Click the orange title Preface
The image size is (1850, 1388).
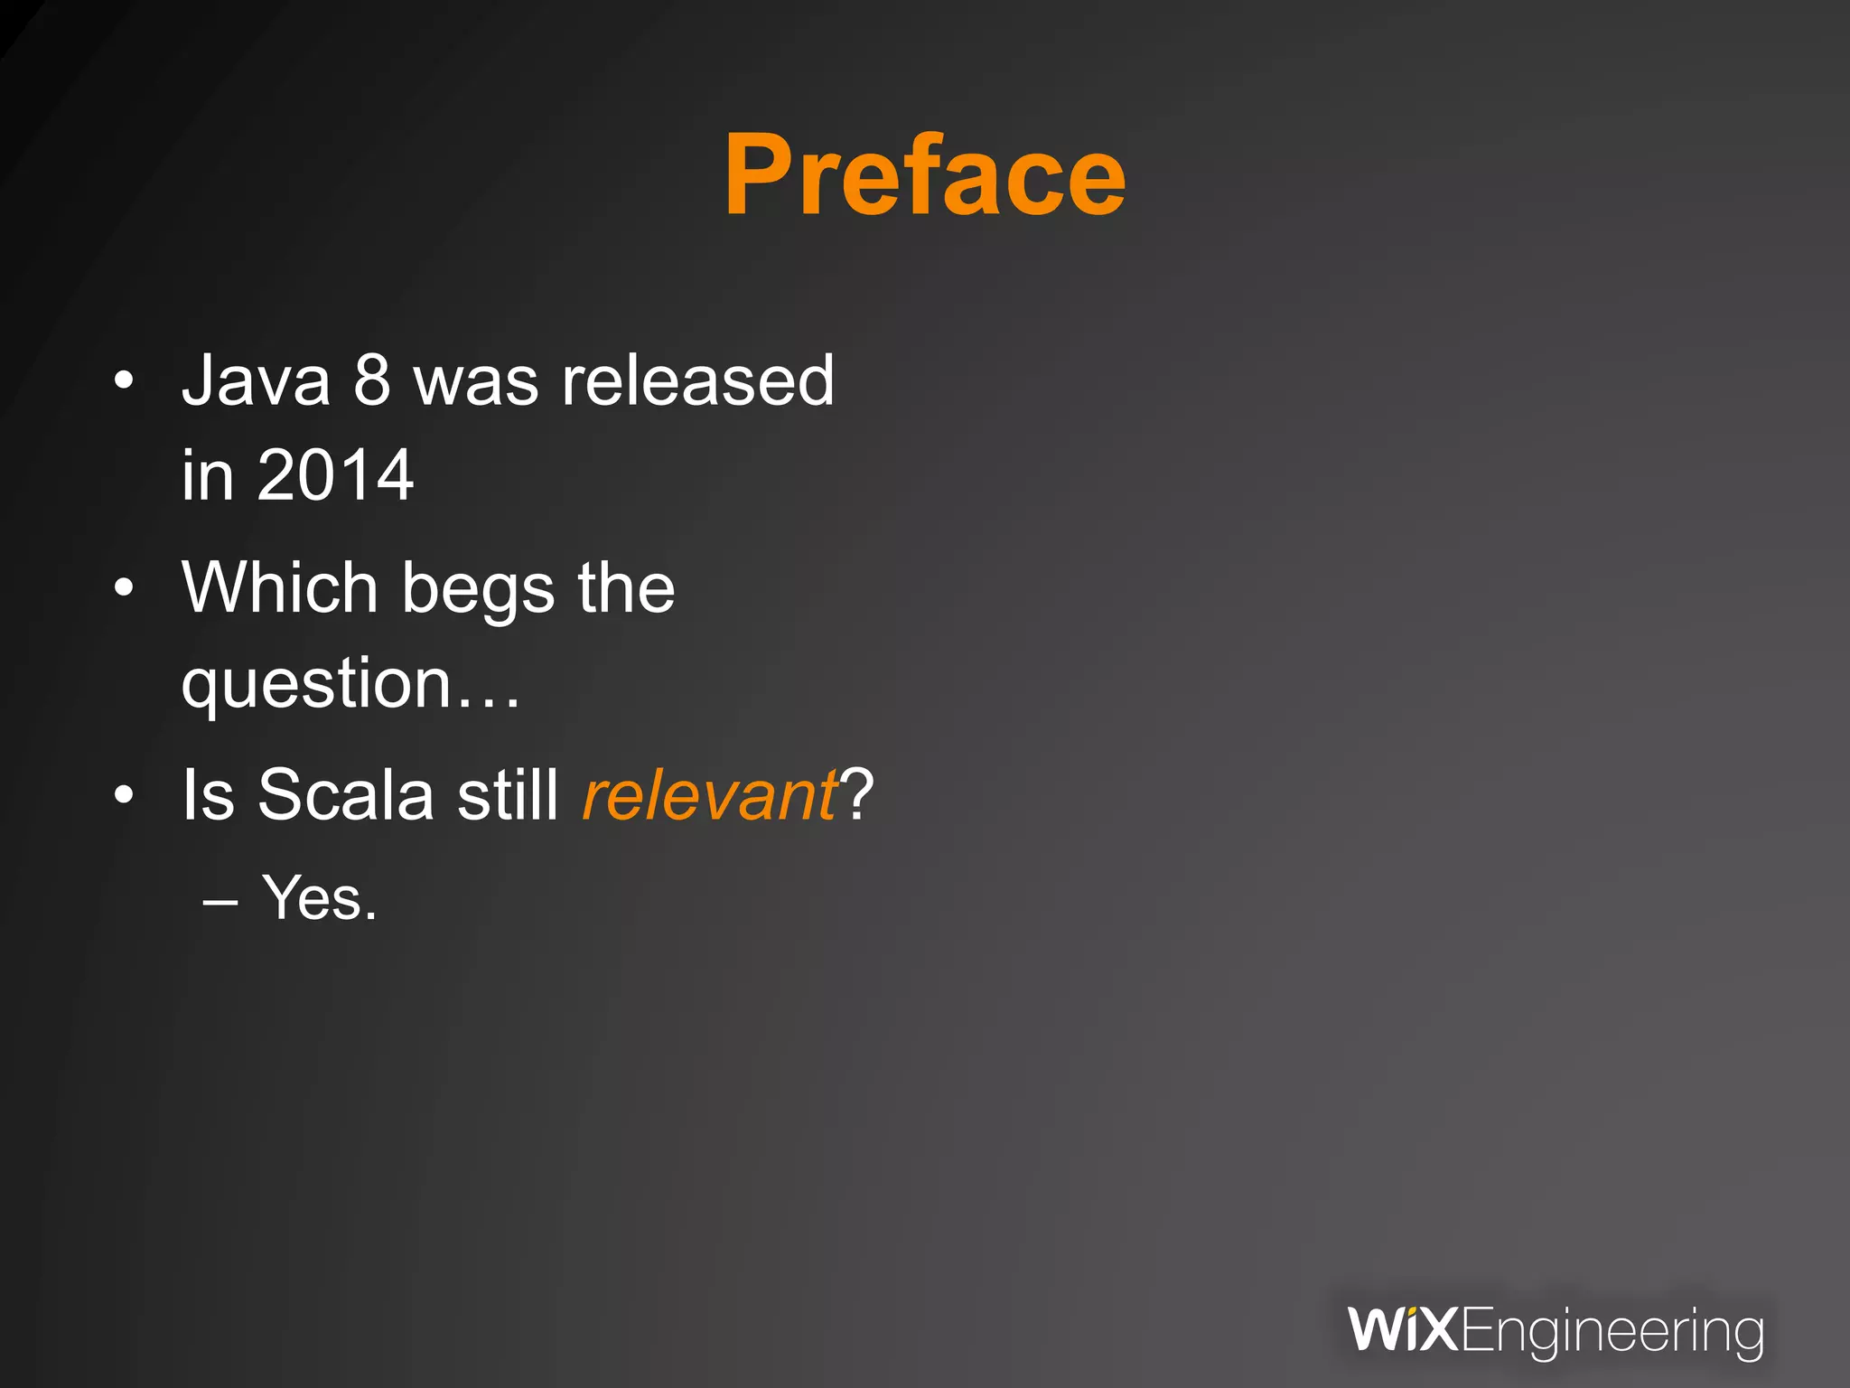point(924,176)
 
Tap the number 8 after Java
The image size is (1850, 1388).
point(372,381)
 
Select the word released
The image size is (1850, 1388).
point(697,381)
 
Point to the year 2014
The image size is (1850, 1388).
point(335,475)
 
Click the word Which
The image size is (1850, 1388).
point(279,587)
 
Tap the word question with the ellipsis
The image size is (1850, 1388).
point(350,684)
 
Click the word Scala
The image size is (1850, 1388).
point(346,794)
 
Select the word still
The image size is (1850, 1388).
point(508,794)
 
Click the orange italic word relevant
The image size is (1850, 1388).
point(710,794)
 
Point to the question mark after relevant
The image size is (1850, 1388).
point(856,794)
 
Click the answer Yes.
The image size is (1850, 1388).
point(319,898)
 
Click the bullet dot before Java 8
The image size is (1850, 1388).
point(124,382)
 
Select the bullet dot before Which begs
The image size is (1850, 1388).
point(124,589)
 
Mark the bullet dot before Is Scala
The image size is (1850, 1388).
point(124,796)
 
